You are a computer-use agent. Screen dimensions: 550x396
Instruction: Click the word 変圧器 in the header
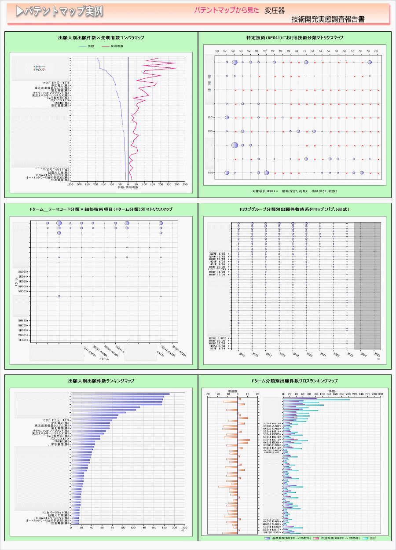click(x=275, y=10)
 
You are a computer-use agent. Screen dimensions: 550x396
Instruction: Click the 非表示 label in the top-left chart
click(x=40, y=68)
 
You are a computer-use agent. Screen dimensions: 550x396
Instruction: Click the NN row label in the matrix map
click(x=211, y=173)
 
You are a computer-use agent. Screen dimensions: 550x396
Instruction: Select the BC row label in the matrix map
click(x=211, y=117)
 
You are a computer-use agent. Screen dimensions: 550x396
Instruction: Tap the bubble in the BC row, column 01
click(x=227, y=117)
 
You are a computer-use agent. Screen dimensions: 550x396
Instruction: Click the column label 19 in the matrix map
click(x=368, y=51)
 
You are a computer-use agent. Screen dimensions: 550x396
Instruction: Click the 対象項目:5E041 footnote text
click(x=264, y=191)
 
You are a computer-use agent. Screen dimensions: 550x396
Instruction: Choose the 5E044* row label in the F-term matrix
click(x=23, y=276)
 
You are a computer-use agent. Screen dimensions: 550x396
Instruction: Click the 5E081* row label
click(x=23, y=340)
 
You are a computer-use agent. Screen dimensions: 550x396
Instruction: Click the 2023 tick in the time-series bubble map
click(x=350, y=354)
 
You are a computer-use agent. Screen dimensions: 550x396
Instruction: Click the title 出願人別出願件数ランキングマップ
click(x=101, y=381)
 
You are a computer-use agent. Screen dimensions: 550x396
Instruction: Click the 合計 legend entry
click(x=373, y=538)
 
